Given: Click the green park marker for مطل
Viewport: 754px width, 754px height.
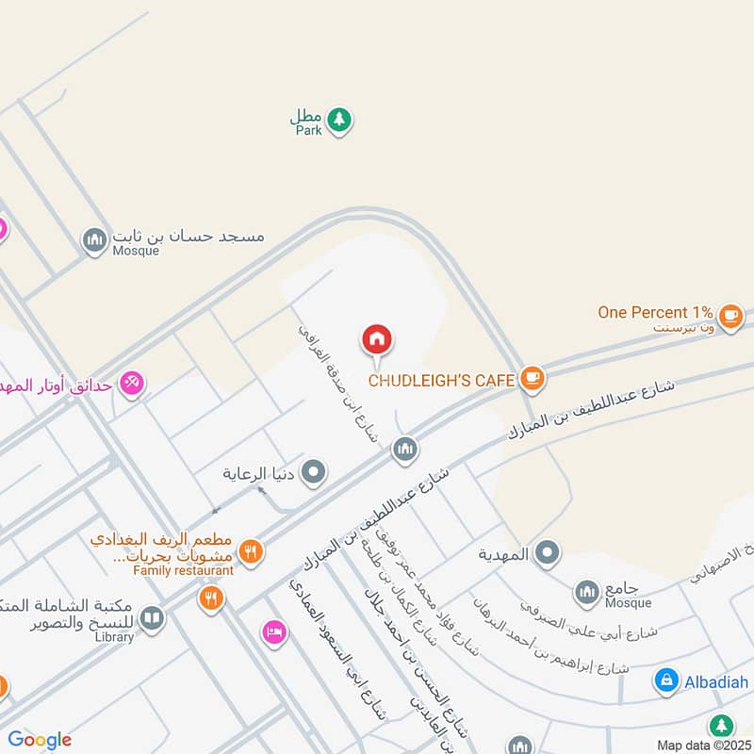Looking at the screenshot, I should click(x=340, y=120).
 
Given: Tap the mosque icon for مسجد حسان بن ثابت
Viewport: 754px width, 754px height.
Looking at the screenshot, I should click(x=94, y=241).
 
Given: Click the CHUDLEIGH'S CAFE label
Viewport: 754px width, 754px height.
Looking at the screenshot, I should click(x=441, y=381).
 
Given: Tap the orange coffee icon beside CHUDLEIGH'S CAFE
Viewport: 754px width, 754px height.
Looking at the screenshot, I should click(x=533, y=379).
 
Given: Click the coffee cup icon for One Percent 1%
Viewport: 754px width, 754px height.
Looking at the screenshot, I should click(x=729, y=315).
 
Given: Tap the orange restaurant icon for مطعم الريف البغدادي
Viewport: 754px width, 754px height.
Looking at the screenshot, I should click(x=250, y=552).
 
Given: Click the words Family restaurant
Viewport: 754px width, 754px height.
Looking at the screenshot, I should click(x=183, y=571).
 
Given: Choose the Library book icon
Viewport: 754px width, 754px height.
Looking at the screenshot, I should click(x=152, y=618).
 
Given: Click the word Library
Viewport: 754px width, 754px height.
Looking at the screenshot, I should click(x=114, y=638).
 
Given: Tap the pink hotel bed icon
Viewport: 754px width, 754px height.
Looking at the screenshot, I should click(x=273, y=632).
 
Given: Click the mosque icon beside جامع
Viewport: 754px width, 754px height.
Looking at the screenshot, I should click(x=587, y=592).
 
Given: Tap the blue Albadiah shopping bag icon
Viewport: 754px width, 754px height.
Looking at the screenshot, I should click(x=666, y=680).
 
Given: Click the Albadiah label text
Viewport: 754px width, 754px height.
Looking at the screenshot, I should click(x=717, y=681).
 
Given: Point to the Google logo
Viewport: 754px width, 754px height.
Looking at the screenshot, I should click(x=40, y=740).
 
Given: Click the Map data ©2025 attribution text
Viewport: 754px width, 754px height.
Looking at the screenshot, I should click(x=703, y=746).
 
